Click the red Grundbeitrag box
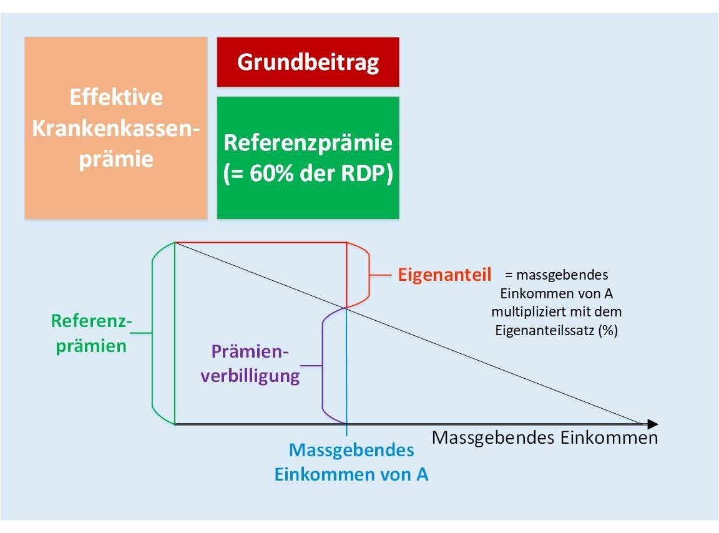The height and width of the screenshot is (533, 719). [x=308, y=62]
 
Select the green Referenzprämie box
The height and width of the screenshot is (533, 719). [x=308, y=157]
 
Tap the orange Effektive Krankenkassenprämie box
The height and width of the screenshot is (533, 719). [x=116, y=128]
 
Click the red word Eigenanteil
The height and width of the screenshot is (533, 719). [x=444, y=275]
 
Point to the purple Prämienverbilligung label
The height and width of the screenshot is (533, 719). [x=250, y=364]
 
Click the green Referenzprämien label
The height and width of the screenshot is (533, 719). [x=91, y=333]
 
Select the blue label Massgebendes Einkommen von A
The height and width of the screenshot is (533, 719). [x=351, y=461]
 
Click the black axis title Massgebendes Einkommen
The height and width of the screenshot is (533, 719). [x=544, y=438]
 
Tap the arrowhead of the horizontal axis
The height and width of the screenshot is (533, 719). [x=652, y=424]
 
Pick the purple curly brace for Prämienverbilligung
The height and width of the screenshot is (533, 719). [x=322, y=365]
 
